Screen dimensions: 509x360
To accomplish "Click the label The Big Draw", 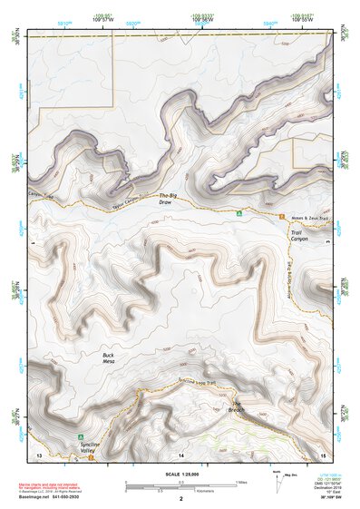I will tap(165, 199).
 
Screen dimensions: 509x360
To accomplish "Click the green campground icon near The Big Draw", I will tap(238, 215).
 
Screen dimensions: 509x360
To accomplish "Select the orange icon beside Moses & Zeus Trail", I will tap(282, 215).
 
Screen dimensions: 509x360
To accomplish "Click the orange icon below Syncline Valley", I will tap(92, 456).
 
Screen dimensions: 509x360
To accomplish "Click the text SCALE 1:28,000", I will tap(180, 474).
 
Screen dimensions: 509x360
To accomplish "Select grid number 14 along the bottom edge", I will tap(181, 453).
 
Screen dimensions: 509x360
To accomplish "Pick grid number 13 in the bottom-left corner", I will tap(38, 453).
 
